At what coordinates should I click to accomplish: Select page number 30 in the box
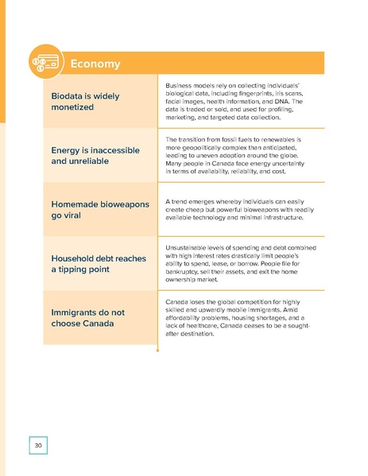pos(37,444)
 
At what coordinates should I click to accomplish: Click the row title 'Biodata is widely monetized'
pos(85,101)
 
